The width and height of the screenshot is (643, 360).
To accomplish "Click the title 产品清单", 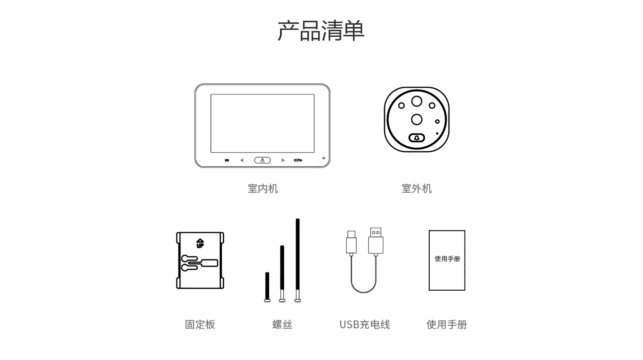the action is coord(321,30).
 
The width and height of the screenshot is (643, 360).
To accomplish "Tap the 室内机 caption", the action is coord(263,189).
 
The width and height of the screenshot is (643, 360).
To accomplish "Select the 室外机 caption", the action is coord(417,189).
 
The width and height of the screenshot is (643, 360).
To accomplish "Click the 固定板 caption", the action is coord(200,324).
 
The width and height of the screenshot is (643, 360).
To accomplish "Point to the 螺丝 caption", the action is coord(282,324).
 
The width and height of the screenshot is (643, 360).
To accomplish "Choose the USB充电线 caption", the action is coord(365,324).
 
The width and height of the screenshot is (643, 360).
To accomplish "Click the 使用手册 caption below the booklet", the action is coord(447,324).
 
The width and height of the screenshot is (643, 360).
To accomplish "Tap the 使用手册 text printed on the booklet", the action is coord(447,259).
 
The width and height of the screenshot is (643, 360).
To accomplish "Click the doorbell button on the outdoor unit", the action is coord(417,138).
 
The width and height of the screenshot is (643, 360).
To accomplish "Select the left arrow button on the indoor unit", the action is coord(242,160).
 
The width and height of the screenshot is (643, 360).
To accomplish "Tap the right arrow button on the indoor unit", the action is coord(283,160).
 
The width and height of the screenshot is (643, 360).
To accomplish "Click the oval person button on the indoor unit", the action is coord(262,160).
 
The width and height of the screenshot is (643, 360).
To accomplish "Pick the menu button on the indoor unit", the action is coord(227,160).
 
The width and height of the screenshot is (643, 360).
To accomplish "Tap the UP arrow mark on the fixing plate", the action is coord(200,243).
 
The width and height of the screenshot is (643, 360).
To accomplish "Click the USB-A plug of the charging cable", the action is coord(376,240).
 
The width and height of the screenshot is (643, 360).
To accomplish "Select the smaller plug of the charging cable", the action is coord(351,242).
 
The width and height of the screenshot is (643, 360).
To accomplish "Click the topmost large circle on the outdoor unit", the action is coord(417,101).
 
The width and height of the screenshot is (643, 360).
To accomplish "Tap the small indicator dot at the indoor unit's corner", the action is coord(324,158).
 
